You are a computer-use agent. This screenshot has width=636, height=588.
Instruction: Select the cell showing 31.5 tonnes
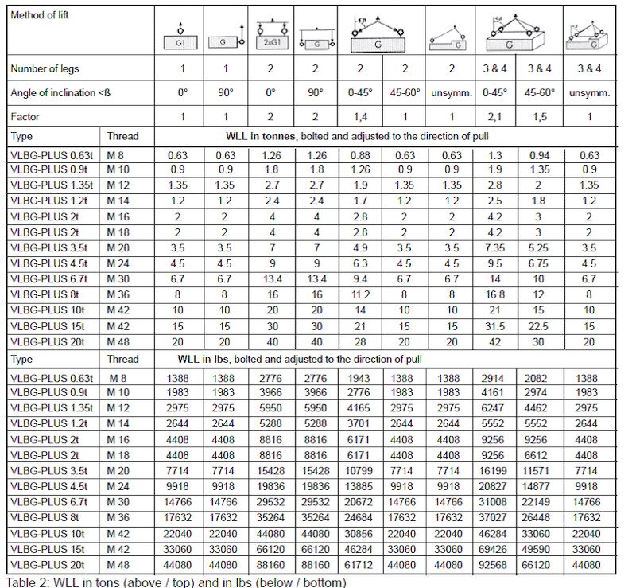pos(497,325)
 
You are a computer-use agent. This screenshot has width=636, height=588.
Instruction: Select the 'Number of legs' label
pos(45,68)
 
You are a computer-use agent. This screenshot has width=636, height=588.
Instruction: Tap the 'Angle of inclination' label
pos(60,92)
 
